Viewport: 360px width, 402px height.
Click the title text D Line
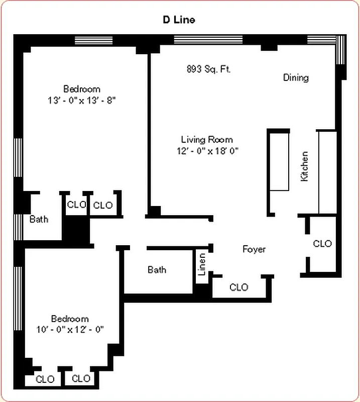tap(178, 20)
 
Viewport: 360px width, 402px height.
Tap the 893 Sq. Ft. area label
tap(208, 69)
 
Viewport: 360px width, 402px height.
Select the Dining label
tap(296, 77)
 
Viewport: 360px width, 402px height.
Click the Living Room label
tap(207, 139)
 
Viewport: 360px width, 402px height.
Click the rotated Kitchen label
tap(304, 166)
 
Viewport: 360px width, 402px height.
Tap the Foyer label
tap(254, 249)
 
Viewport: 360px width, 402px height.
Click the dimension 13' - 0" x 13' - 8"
tap(82, 100)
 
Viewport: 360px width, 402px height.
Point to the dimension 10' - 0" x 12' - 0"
tap(70, 330)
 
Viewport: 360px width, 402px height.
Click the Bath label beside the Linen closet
tap(157, 270)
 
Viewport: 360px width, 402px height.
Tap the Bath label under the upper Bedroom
tap(39, 219)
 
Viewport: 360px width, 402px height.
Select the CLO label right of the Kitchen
tap(322, 244)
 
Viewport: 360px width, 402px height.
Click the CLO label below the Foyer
tap(238, 287)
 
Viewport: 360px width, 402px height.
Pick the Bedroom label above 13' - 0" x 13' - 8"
tap(81, 89)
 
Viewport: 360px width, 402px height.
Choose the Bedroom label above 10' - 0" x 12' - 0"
tap(70, 319)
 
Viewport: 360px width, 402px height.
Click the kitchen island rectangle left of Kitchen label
tap(279, 160)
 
